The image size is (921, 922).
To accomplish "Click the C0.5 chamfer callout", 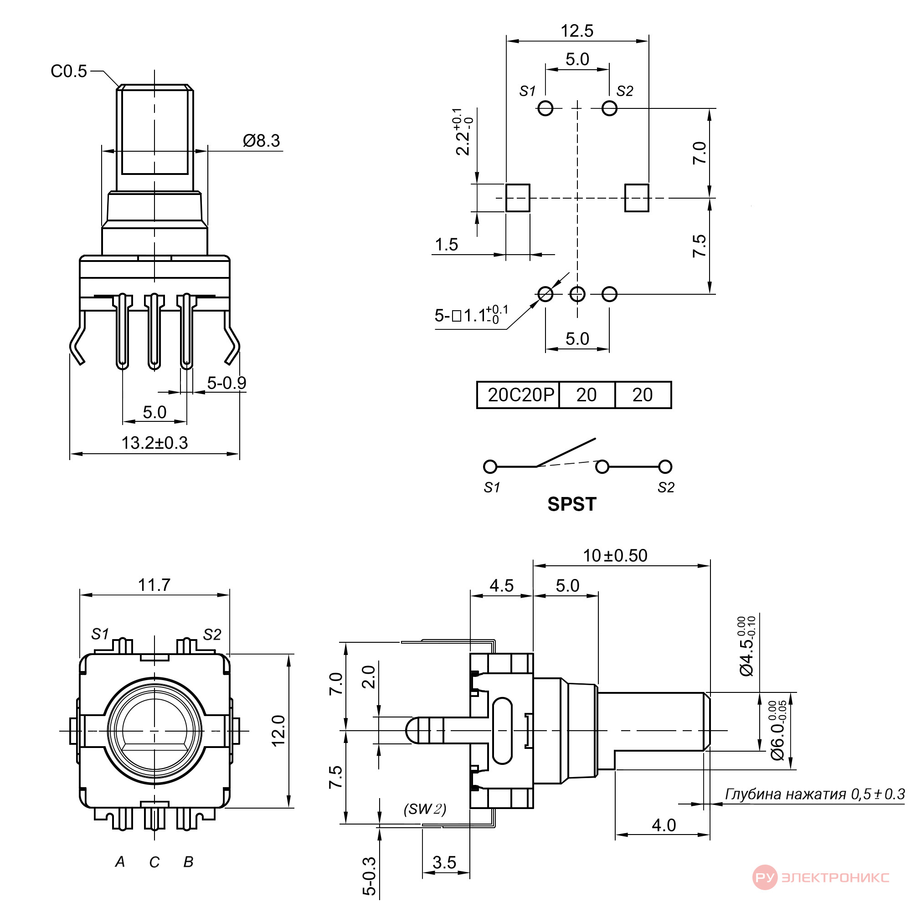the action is point(69,72).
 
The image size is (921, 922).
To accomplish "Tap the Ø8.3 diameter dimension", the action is point(262,141).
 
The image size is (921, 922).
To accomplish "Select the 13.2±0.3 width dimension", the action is point(154,443).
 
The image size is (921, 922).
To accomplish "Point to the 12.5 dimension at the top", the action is point(577,31).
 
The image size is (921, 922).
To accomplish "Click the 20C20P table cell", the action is point(520,395).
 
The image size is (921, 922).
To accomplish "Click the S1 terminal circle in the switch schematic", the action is point(490,466).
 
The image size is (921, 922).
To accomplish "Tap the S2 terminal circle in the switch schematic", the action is point(665,466).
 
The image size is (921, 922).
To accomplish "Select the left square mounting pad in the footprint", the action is point(518,198).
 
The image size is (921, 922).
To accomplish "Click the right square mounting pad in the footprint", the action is point(637,198).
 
